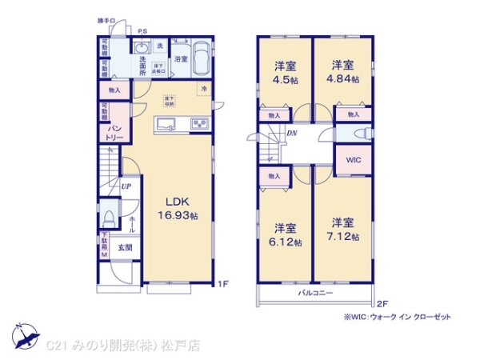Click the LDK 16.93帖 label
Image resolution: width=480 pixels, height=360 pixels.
[182, 209]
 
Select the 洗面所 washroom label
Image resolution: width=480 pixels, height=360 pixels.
[137, 67]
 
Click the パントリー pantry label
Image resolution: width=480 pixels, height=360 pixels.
[111, 132]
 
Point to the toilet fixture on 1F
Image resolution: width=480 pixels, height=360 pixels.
[110, 216]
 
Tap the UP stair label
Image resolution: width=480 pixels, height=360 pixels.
[126, 186]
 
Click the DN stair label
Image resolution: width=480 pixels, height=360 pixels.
[292, 134]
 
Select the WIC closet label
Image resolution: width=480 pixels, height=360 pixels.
[353, 159]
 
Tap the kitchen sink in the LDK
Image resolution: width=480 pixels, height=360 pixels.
[166, 124]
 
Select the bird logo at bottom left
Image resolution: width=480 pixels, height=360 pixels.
[24, 335]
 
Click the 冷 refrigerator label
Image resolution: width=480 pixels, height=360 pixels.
[204, 88]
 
